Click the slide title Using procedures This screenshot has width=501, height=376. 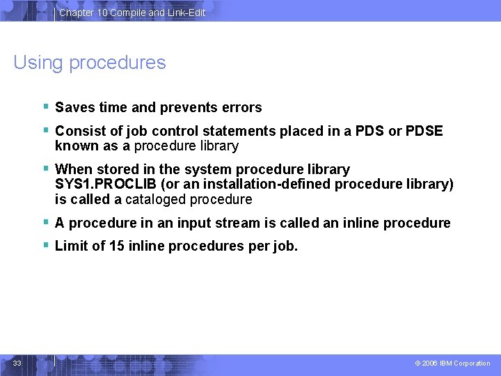(x=90, y=63)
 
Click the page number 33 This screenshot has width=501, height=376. (x=17, y=363)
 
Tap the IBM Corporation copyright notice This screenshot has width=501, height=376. (x=452, y=363)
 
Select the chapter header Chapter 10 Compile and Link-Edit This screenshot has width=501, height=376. (x=132, y=13)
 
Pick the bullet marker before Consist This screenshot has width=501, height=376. (x=45, y=130)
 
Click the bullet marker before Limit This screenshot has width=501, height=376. (x=45, y=244)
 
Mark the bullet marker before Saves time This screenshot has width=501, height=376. (x=45, y=106)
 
